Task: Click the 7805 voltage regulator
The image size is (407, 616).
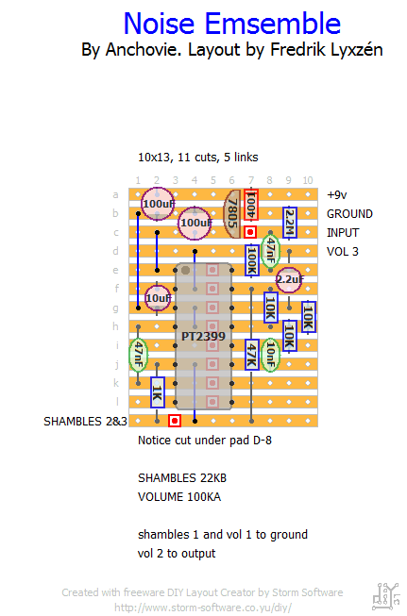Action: point(232,214)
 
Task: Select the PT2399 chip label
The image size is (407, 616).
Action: point(203,336)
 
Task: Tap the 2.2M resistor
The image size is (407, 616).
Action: point(290,223)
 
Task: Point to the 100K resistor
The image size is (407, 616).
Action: point(252,260)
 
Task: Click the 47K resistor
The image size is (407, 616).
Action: point(252,355)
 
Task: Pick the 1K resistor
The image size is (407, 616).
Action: point(158,392)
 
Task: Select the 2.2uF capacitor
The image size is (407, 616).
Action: point(289,280)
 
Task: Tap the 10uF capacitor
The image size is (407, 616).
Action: point(158,299)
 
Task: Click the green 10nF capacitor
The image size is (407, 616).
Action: point(271,355)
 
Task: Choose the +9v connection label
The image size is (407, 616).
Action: point(337,195)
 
